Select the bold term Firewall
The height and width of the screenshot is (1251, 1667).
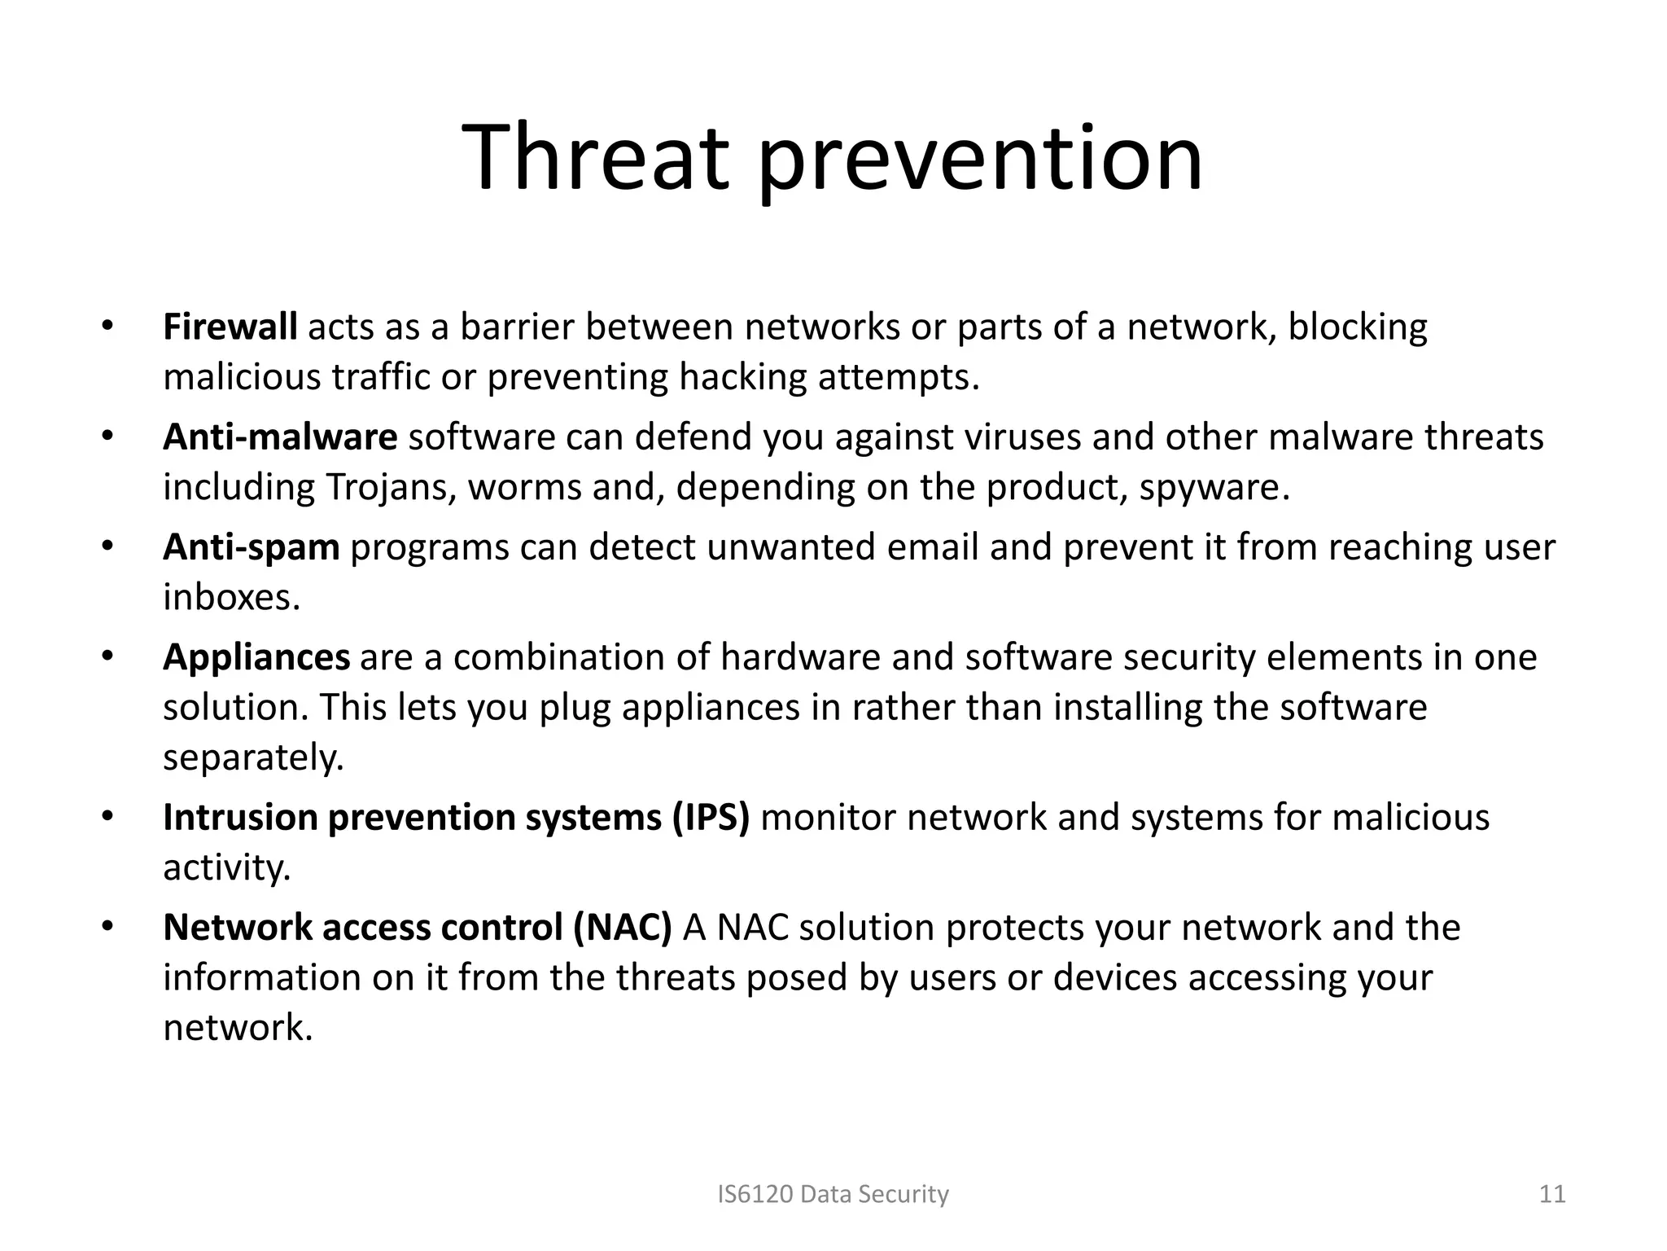coord(230,327)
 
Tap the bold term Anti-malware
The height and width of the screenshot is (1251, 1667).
coord(280,437)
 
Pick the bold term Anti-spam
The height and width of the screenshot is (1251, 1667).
coord(251,547)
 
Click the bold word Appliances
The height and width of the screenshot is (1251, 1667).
coord(256,657)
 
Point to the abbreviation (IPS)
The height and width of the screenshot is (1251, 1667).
coord(711,818)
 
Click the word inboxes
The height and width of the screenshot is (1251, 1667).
coord(231,598)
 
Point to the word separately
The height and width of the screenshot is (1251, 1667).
coord(253,758)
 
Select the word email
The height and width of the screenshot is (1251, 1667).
coord(932,547)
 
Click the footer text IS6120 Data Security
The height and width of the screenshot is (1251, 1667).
coord(833,1195)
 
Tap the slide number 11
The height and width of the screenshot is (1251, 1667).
coord(1552,1195)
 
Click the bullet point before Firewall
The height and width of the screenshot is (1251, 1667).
coord(107,327)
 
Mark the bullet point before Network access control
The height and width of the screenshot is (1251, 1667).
coord(107,928)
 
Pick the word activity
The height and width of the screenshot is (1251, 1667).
coord(226,868)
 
